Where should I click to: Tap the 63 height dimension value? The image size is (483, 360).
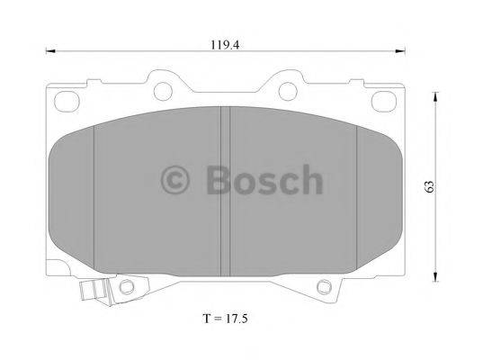[430, 184]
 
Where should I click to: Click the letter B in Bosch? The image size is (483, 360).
[216, 181]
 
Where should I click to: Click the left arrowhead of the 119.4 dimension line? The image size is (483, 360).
[48, 52]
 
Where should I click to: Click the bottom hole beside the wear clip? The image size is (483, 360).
[126, 287]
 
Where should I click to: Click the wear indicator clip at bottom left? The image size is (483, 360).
[90, 292]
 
